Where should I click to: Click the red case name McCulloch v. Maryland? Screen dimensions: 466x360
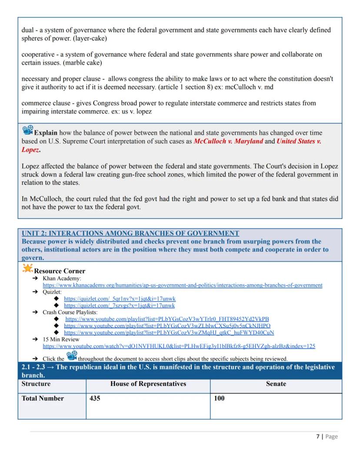pyautogui.click(x=228, y=141)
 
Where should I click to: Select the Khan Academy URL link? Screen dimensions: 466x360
pyautogui.click(x=182, y=285)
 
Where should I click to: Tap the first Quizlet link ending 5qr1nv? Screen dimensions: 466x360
pyautogui.click(x=120, y=299)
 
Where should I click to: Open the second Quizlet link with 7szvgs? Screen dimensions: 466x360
pyautogui.click(x=119, y=305)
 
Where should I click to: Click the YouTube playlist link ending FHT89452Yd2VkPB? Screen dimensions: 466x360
pyautogui.click(x=167, y=319)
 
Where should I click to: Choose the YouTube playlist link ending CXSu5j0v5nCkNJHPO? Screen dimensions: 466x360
pyautogui.click(x=167, y=325)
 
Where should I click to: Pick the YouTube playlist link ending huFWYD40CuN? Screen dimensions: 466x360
pyautogui.click(x=169, y=332)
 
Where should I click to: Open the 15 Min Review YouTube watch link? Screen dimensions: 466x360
pyautogui.click(x=179, y=346)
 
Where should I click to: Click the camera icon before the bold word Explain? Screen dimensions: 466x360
pyautogui.click(x=27, y=130)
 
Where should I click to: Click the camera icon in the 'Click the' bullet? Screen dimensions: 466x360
pyautogui.click(x=72, y=357)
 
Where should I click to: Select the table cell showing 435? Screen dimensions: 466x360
pyautogui.click(x=95, y=399)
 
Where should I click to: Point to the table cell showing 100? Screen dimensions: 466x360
pyautogui.click(x=219, y=399)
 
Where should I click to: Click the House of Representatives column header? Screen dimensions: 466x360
pyautogui.click(x=148, y=384)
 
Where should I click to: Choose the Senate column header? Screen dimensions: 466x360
pyautogui.click(x=276, y=384)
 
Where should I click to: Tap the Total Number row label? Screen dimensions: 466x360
pyautogui.click(x=43, y=399)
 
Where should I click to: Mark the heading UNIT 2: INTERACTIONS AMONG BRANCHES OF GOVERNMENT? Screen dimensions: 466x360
pyautogui.click(x=130, y=233)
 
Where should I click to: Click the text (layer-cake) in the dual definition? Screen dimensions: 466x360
pyautogui.click(x=91, y=38)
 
